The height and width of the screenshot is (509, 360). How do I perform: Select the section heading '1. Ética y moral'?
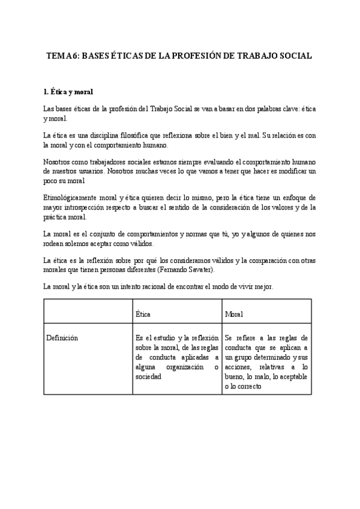(x=68, y=92)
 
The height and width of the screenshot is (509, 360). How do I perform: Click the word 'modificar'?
(x=289, y=172)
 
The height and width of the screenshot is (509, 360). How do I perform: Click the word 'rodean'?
(x=55, y=243)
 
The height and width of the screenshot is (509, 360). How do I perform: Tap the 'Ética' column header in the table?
(x=143, y=314)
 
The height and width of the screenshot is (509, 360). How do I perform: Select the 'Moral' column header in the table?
(x=234, y=314)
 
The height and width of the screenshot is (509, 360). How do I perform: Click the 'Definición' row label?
(x=62, y=338)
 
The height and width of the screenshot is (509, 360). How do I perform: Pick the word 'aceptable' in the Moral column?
(x=290, y=376)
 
